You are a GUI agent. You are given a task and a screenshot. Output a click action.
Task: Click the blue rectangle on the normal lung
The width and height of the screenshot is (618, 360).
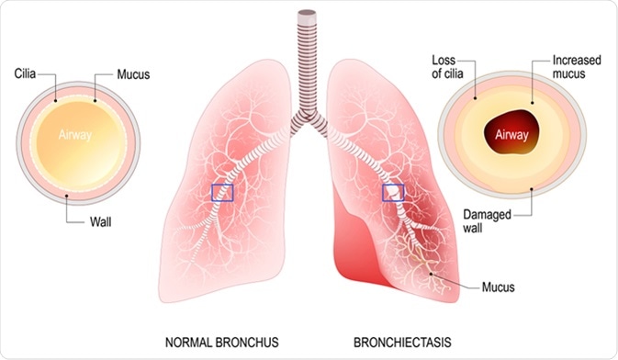pos(223,192)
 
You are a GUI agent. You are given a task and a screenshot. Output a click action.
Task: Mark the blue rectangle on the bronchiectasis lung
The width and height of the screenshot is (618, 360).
pos(393,192)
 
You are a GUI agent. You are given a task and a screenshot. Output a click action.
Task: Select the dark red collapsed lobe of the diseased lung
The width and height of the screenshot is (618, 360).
pos(354,243)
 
